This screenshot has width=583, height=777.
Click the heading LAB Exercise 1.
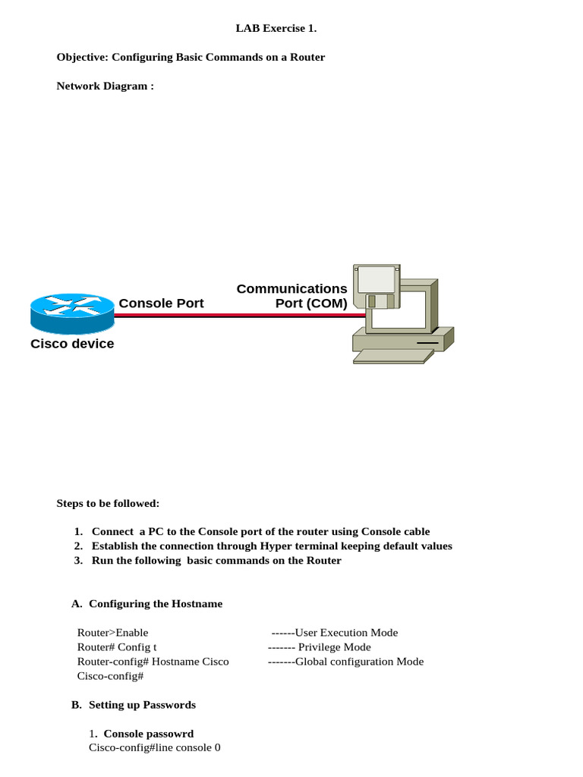[x=276, y=29]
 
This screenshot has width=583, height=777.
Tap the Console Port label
[x=161, y=304]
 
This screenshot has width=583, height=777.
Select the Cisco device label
[x=72, y=344]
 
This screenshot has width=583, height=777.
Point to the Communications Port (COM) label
[x=292, y=296]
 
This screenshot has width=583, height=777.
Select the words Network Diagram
[x=105, y=86]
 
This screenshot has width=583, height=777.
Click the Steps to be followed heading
[x=108, y=503]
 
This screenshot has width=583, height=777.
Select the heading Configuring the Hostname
[x=156, y=604]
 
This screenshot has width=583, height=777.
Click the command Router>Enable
[x=113, y=633]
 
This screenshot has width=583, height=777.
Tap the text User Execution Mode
[x=346, y=633]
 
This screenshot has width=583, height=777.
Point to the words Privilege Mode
[x=334, y=647]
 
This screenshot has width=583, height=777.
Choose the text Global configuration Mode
[x=359, y=662]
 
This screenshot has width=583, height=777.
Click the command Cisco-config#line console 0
[x=155, y=747]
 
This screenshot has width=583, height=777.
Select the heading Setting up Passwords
[x=142, y=705]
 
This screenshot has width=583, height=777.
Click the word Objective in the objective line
[x=82, y=58]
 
